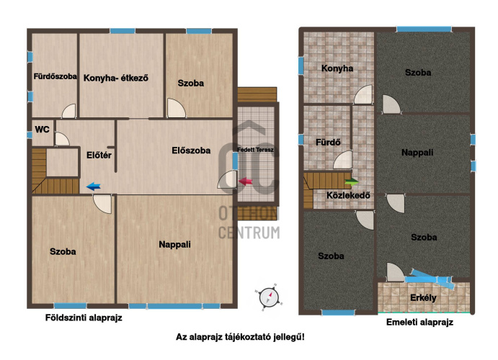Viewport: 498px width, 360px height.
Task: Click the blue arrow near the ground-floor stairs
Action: [x=94, y=186]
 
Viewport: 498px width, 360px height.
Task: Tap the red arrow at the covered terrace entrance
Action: [x=245, y=181]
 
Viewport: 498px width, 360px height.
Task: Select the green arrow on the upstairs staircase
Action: [x=352, y=181]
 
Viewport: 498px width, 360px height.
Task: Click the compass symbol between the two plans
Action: [x=269, y=297]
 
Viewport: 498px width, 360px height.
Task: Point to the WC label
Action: [x=43, y=130]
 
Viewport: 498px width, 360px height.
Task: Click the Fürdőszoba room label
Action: [x=55, y=76]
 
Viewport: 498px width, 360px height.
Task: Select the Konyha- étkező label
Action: [x=115, y=78]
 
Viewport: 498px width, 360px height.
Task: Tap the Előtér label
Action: [x=99, y=155]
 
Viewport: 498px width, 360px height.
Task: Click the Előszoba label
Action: [x=191, y=150]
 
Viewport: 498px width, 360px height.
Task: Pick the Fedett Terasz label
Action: [x=255, y=150]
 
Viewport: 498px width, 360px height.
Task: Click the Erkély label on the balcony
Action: [x=423, y=298]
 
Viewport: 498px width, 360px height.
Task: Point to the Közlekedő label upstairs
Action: [x=348, y=195]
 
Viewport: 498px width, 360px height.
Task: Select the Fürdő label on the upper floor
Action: [x=328, y=142]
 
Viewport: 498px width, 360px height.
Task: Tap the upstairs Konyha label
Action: [x=337, y=68]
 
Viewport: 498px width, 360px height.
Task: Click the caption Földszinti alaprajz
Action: [x=84, y=318]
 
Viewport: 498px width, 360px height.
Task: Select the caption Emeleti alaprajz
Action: [x=419, y=323]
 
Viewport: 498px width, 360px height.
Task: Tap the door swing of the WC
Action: [x=62, y=139]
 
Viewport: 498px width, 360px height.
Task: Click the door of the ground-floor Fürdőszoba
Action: [x=69, y=111]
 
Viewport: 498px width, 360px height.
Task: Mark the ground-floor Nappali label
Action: [x=174, y=245]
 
